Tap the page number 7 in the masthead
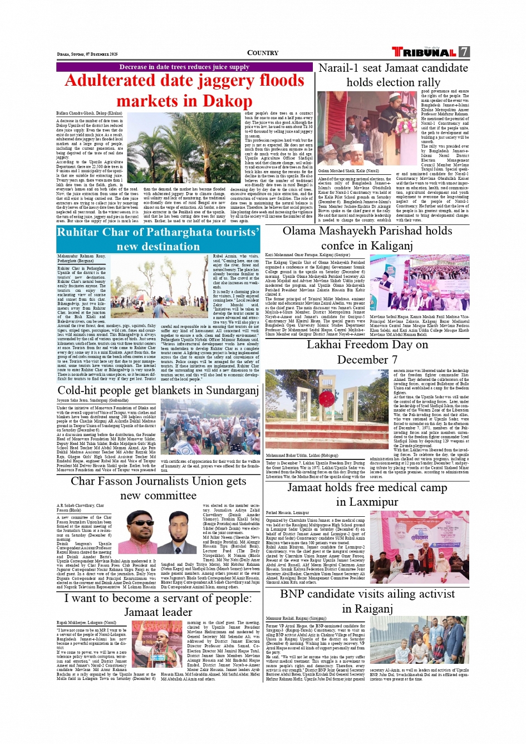coord(464,52)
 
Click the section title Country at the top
coord(263,53)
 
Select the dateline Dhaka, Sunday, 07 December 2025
coord(87,54)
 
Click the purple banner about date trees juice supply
coord(184,67)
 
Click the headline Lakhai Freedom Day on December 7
coord(367,352)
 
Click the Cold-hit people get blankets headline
coord(158,390)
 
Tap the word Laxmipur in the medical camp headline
coord(367,502)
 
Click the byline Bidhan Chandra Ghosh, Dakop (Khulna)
coord(89,113)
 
